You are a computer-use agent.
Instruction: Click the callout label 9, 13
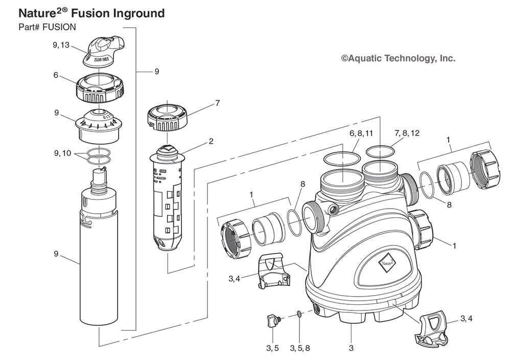tap(61, 45)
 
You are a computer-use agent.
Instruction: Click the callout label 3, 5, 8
tap(299, 349)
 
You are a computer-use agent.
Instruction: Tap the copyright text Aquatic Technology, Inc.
tap(398, 59)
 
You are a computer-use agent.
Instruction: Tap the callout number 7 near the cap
tap(217, 103)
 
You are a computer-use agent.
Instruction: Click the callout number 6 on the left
tap(55, 74)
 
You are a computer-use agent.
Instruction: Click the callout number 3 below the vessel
tap(351, 349)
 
